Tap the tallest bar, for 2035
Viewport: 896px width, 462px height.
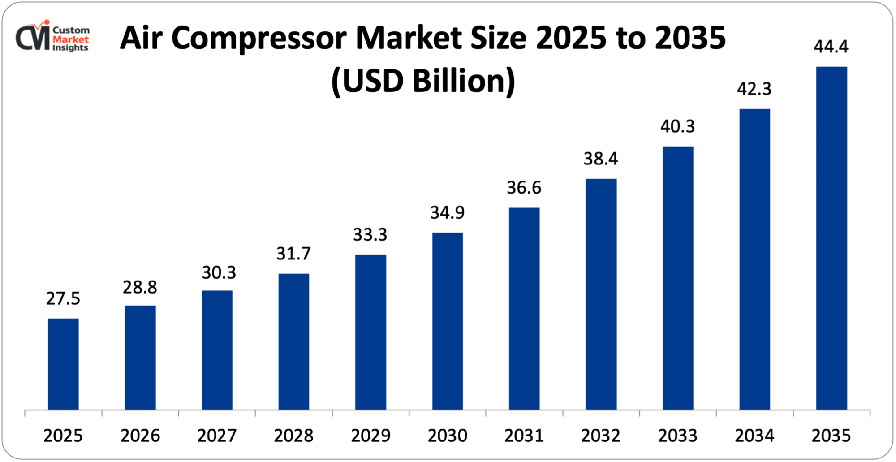[831, 238]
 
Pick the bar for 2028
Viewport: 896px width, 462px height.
[293, 341]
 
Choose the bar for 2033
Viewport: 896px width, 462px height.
[678, 278]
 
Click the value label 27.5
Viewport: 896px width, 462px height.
[63, 298]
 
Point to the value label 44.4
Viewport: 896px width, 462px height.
[831, 47]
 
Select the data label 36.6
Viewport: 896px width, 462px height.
[524, 188]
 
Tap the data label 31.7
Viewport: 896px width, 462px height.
[293, 254]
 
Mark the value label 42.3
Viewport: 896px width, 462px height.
[754, 89]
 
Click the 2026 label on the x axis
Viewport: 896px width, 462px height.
[140, 436]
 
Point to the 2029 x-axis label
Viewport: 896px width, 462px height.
[370, 436]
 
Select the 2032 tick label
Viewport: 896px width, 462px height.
[601, 436]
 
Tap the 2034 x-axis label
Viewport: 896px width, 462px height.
[754, 436]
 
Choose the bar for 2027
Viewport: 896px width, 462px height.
[217, 350]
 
